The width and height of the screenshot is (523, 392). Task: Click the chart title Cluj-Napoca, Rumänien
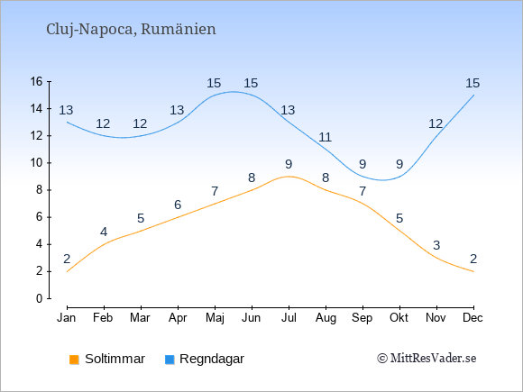131,30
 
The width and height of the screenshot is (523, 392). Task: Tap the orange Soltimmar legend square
74,360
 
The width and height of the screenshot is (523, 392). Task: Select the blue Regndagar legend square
170,360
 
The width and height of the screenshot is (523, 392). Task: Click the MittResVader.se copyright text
427,359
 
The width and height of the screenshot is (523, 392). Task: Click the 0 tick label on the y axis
40,298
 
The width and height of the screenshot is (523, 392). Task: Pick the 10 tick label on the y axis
37,163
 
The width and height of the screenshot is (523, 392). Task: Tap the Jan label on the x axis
67,318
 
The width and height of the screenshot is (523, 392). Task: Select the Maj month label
215,318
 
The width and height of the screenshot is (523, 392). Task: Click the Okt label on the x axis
399,318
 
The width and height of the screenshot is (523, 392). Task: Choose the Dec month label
473,318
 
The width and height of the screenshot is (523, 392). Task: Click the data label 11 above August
325,137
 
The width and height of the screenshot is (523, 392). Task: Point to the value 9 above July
289,164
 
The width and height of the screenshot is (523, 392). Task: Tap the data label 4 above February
104,232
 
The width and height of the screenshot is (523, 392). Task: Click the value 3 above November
436,245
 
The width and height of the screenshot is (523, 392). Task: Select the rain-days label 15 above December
473,83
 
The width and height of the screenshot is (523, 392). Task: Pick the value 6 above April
178,205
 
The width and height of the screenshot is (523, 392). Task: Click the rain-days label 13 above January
66,110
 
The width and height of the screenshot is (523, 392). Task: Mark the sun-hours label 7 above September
362,191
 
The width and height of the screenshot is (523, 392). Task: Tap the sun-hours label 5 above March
141,218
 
